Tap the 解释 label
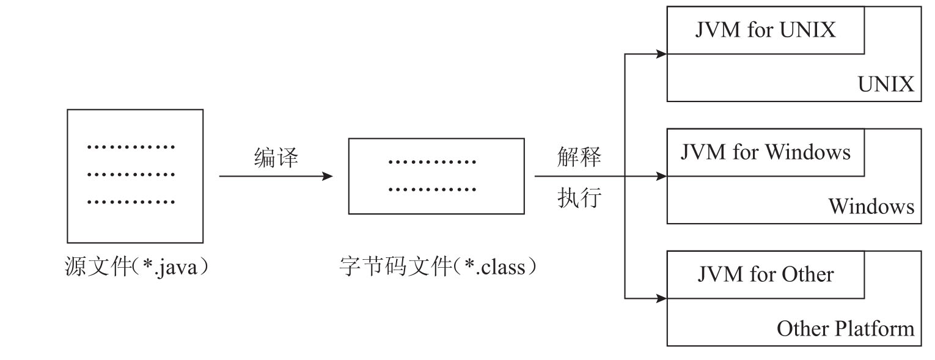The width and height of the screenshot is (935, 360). [x=579, y=158]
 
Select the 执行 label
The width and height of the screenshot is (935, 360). [x=579, y=199]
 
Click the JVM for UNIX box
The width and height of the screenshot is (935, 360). [x=765, y=31]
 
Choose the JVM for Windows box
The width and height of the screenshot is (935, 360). [x=765, y=152]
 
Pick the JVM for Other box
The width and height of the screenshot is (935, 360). [x=765, y=274]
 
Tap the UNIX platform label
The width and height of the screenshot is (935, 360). [x=886, y=84]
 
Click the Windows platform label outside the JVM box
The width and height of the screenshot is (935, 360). [x=871, y=207]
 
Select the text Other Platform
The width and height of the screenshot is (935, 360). [x=845, y=329]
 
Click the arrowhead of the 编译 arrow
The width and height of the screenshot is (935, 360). [x=328, y=176]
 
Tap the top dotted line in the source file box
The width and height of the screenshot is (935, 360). [x=131, y=147]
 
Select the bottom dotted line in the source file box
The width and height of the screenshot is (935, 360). [x=131, y=201]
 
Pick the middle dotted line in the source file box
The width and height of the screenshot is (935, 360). [x=131, y=175]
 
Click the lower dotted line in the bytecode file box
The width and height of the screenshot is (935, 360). [x=432, y=189]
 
